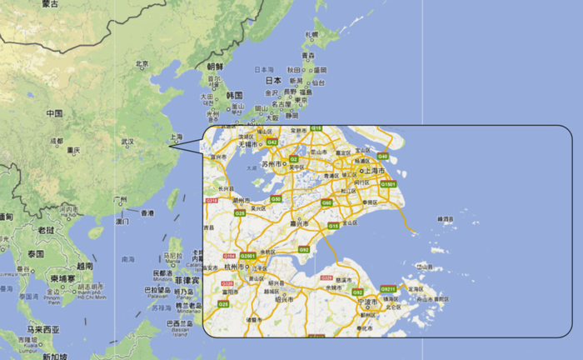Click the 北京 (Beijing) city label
142,63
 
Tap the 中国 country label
54,113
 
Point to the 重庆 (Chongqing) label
74,150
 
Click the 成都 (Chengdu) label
56,141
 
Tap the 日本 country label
273,81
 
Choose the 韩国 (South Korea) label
233,95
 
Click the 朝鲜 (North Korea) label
215,66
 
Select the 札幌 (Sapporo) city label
311,34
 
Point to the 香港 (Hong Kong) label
147,213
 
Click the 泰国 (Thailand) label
35,252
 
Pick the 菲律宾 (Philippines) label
187,281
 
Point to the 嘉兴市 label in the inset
297,222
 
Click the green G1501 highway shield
389,183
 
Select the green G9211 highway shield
387,288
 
